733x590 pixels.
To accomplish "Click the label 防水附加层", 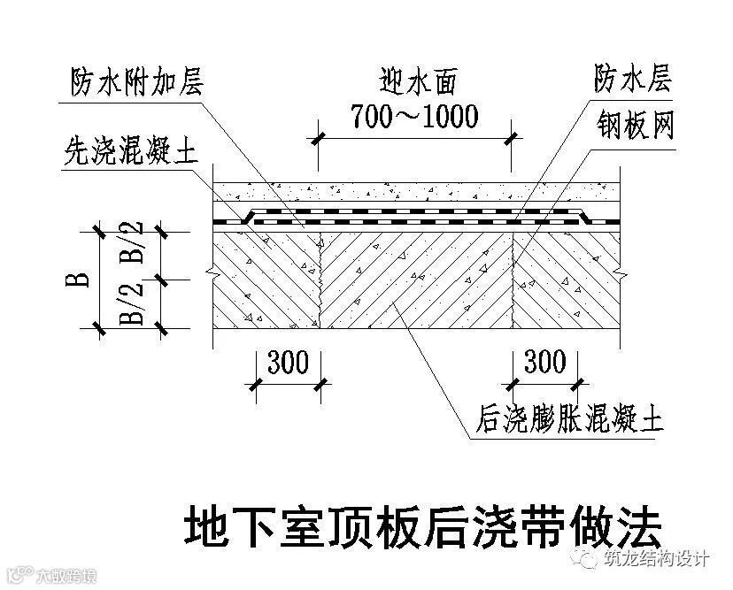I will [138, 84].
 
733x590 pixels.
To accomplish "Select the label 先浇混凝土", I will [130, 152].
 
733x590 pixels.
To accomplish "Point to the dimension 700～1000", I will [413, 115].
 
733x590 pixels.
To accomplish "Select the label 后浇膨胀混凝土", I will [567, 418].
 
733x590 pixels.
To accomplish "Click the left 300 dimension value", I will [286, 362].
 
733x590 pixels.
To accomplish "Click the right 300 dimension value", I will [544, 362].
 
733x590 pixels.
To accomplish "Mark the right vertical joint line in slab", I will [514, 280].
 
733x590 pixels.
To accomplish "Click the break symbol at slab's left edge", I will [208, 267].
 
